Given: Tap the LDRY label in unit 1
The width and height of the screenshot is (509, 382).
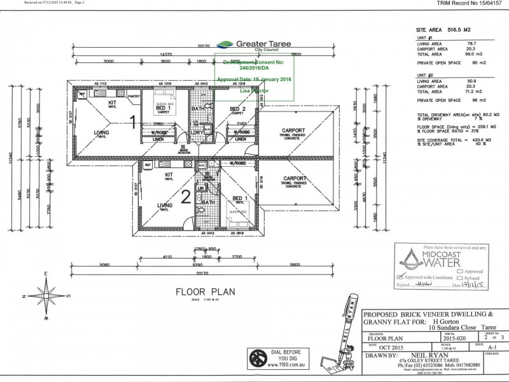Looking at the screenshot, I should coord(197,132).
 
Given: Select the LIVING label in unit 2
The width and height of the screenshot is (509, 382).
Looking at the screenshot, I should coord(165,205).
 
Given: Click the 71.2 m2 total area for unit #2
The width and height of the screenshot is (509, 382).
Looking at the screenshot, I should coord(473,91).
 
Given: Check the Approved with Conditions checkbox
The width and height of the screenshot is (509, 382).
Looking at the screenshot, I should coord(399,278).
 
